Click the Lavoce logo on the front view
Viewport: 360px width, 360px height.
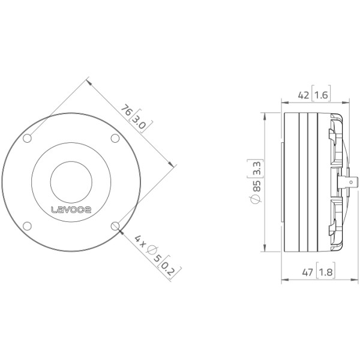tap(71, 209)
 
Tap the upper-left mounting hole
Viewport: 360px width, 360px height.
tap(28, 138)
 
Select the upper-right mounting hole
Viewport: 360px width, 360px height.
tap(115, 138)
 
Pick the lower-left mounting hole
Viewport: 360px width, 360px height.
tap(28, 226)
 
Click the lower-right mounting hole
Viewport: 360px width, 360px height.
tap(115, 226)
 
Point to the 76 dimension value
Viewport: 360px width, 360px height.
tap(127, 110)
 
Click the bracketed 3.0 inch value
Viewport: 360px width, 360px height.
tap(140, 122)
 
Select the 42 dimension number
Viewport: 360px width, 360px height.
tap(304, 95)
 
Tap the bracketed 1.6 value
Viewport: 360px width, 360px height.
tap(321, 95)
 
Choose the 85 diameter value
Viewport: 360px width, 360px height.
tap(257, 186)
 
